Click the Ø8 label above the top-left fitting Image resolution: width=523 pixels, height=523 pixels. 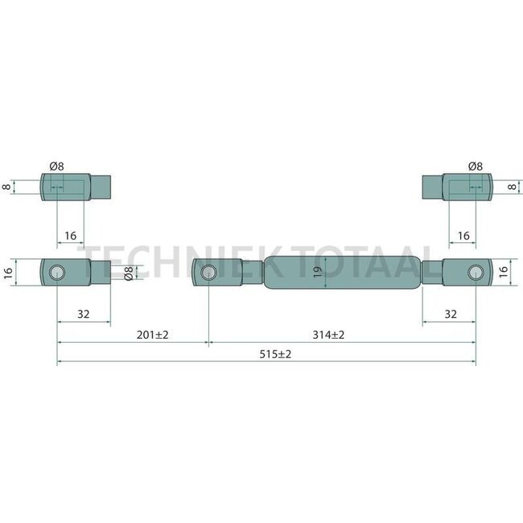coord(56,166)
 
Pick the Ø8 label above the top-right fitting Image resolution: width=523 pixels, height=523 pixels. coord(475,166)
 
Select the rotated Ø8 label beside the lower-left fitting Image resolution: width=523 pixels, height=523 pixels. coord(128,273)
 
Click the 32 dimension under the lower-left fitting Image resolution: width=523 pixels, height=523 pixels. coord(84,314)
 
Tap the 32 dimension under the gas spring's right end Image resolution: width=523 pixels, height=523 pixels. coord(451,314)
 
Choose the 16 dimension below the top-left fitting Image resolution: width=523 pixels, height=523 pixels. coord(70,236)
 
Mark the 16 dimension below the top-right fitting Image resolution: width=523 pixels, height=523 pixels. coord(463,236)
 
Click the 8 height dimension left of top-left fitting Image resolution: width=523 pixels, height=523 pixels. coord(7,187)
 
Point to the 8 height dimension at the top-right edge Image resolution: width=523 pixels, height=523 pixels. coord(513,187)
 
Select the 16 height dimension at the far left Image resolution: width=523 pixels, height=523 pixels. coord(7,272)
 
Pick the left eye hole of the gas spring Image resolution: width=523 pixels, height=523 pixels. coord(208,272)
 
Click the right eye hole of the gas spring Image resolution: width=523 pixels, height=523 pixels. coord(476,272)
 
